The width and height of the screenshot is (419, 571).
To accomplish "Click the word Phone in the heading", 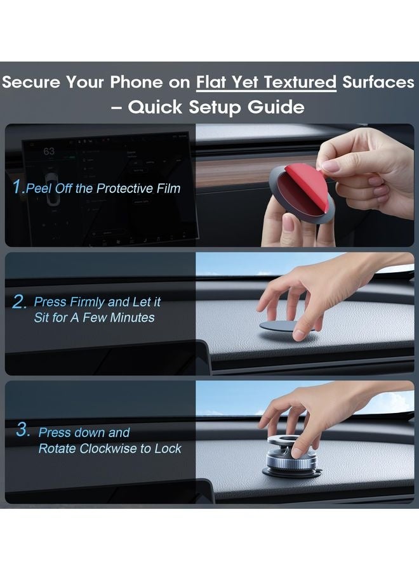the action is pyautogui.click(x=136, y=82).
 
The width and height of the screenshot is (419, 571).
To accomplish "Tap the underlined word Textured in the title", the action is pyautogui.click(x=300, y=82).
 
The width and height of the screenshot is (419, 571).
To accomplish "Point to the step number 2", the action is pyautogui.click(x=18, y=302).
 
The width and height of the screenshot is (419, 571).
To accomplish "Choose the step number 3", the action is pyautogui.click(x=22, y=430).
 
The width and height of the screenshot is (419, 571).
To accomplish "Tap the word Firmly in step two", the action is pyautogui.click(x=87, y=302).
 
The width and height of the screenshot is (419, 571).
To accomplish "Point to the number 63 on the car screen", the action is pyautogui.click(x=49, y=151).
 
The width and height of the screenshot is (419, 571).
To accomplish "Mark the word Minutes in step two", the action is pyautogui.click(x=132, y=318).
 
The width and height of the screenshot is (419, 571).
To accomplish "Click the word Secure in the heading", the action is pyautogui.click(x=31, y=82).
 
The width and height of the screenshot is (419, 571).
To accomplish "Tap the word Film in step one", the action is pyautogui.click(x=169, y=188).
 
